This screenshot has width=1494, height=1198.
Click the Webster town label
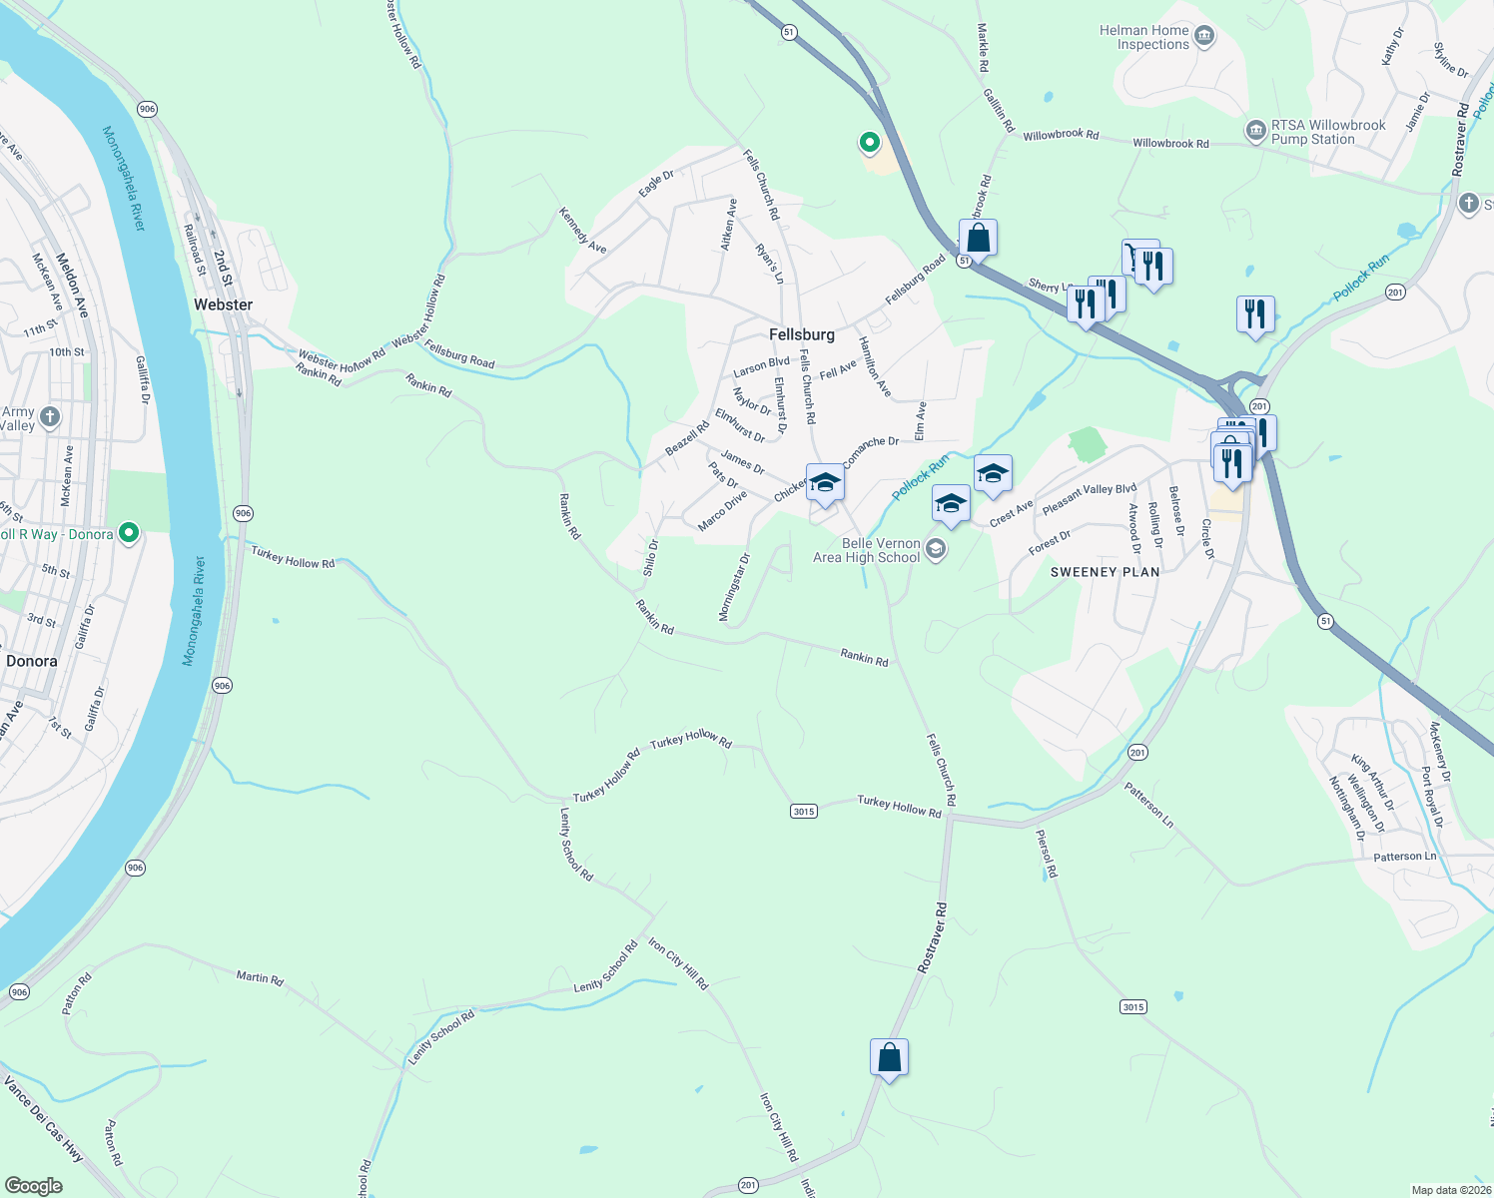[223, 304]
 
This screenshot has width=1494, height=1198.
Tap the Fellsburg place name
[801, 334]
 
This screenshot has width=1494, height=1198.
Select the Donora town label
[32, 661]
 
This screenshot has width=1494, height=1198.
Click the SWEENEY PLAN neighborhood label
[1105, 572]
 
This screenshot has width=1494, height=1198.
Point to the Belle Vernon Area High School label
[866, 550]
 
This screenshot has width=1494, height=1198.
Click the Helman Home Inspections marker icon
[1204, 37]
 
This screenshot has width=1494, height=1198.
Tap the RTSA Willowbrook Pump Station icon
[1255, 131]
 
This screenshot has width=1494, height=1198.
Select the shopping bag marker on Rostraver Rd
[889, 1057]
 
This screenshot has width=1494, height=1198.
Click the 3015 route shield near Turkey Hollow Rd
[804, 811]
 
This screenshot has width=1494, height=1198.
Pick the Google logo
[33, 1185]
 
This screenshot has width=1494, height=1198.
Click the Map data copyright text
[1451, 1190]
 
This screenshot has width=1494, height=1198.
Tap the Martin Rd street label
[260, 977]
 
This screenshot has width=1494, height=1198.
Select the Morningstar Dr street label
[734, 588]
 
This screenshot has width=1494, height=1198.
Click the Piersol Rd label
[1047, 854]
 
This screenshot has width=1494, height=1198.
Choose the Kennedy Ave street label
[582, 231]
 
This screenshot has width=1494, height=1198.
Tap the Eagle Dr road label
[656, 183]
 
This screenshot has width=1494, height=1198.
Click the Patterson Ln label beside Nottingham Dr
[1404, 857]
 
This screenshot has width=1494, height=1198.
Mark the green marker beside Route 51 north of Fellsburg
[870, 143]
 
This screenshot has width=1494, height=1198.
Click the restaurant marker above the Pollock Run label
[1255, 313]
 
